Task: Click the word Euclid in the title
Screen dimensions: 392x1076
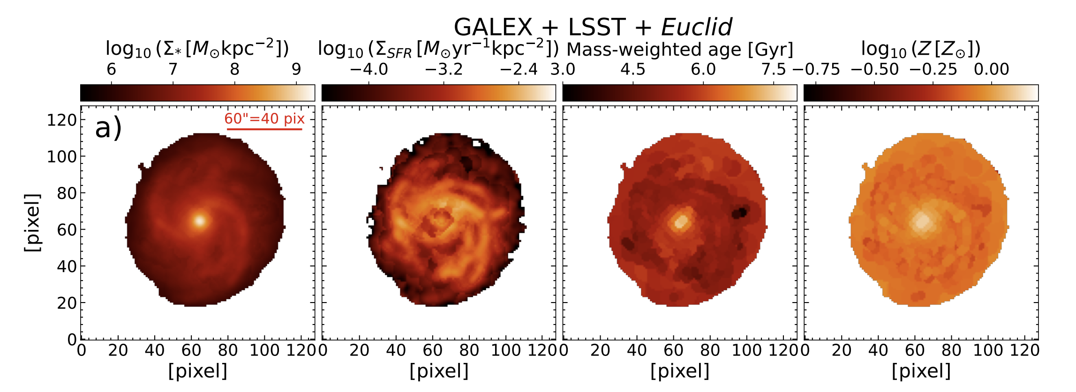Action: (696, 27)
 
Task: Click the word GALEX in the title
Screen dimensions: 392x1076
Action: (493, 27)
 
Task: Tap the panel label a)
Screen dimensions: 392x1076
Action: (108, 128)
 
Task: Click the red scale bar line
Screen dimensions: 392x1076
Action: (264, 129)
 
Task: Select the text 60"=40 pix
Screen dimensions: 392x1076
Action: (264, 118)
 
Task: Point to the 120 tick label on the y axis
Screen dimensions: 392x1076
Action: (61, 120)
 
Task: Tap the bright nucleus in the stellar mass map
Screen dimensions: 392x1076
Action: (200, 221)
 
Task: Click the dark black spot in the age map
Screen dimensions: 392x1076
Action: (740, 213)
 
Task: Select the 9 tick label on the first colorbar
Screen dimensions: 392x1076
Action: (296, 69)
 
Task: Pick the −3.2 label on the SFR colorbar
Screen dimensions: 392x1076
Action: (444, 69)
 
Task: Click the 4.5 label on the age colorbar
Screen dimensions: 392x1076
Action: (632, 69)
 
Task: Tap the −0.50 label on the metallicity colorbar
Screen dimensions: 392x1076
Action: (874, 69)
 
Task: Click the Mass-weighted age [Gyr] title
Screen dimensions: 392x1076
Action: (680, 49)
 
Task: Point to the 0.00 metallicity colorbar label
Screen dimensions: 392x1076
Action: (991, 69)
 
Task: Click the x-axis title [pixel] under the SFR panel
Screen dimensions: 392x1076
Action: (439, 371)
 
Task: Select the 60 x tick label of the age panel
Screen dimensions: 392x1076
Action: (673, 350)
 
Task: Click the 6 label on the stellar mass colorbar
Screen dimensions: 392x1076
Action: (111, 69)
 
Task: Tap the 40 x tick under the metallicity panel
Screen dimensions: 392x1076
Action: (878, 350)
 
